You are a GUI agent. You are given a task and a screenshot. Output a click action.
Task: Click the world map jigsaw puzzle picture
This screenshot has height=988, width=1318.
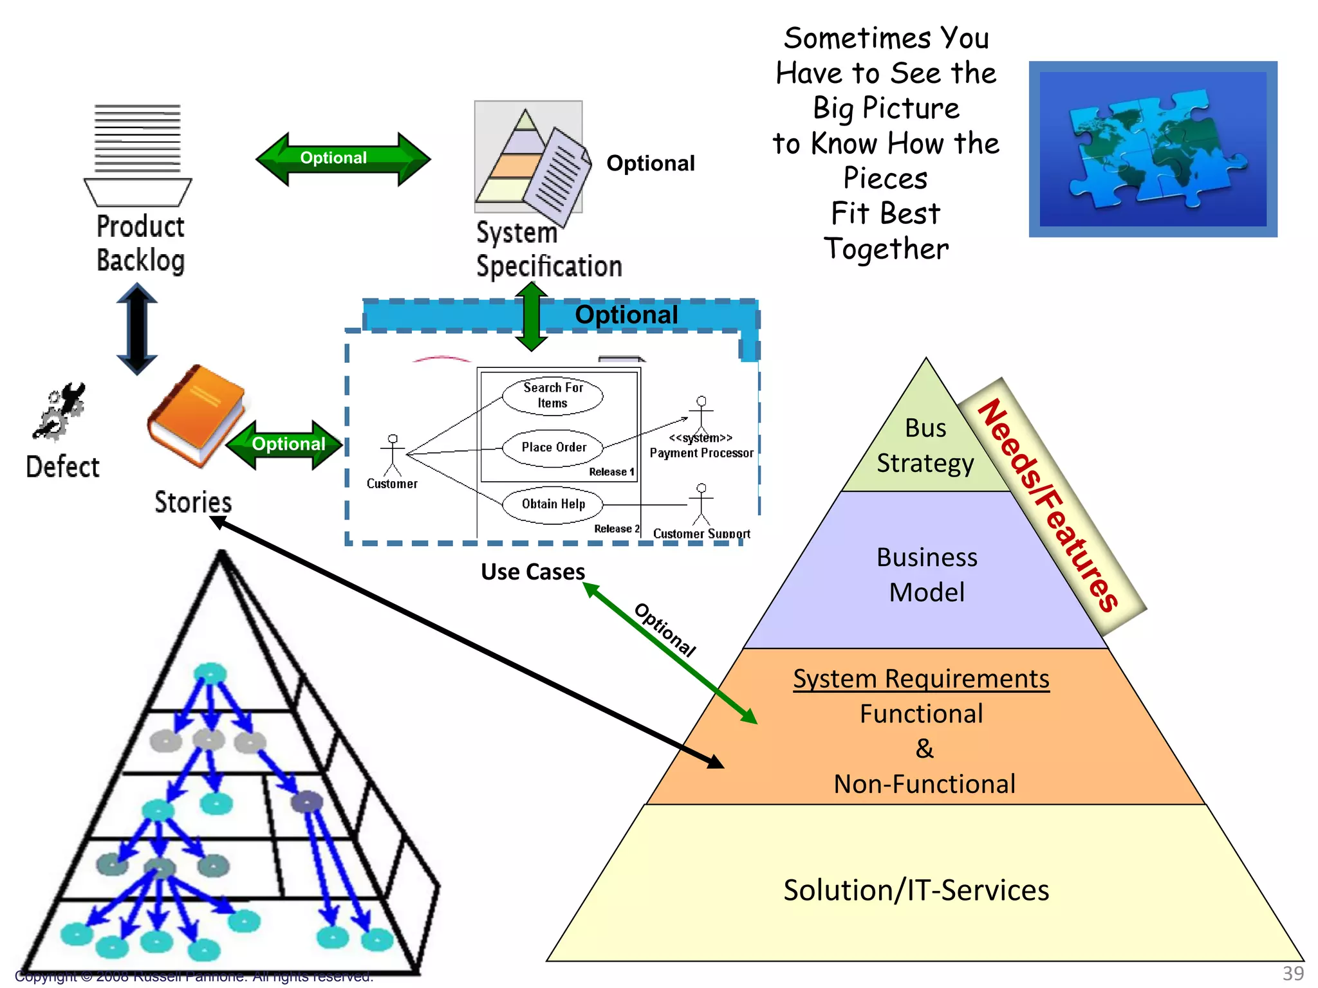1153,149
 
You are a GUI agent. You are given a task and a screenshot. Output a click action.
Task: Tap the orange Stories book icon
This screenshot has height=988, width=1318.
196,415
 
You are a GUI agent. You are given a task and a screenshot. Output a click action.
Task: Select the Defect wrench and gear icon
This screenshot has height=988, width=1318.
59,412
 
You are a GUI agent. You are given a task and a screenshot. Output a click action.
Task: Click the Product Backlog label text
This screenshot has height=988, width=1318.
140,244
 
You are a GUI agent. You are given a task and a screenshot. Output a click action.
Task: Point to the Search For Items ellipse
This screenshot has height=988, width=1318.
552,395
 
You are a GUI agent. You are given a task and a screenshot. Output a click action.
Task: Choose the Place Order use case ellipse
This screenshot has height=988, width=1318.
553,448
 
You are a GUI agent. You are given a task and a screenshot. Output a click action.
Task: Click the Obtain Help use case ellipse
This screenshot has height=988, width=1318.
553,504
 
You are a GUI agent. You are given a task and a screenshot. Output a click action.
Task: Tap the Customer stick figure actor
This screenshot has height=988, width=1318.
392,455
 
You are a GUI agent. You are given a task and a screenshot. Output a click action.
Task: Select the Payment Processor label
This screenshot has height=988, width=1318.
701,453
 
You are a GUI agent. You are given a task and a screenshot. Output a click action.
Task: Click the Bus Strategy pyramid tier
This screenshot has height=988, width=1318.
925,446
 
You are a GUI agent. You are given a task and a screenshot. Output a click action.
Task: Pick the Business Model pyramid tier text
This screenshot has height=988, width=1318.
927,574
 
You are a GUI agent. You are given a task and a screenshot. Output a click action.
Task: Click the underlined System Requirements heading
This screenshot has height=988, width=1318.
921,679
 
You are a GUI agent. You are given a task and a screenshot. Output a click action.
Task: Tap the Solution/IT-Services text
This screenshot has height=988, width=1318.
916,890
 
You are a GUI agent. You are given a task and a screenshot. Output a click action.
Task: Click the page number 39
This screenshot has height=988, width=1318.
1293,974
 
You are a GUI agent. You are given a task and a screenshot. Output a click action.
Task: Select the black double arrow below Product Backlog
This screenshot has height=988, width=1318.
137,329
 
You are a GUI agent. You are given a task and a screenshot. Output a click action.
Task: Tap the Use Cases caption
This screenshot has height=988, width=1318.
533,572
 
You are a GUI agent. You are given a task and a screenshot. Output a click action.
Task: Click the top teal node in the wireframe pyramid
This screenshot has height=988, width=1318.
210,673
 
